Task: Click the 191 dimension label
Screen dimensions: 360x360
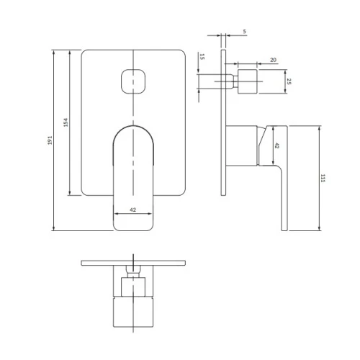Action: (50, 140)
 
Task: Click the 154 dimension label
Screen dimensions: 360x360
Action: (66, 122)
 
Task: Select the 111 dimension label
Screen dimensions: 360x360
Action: (323, 179)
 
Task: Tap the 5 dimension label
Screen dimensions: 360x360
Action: (244, 31)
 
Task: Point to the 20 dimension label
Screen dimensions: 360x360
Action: (273, 60)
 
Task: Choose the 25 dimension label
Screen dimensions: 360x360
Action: (289, 81)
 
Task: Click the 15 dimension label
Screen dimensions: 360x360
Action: (202, 57)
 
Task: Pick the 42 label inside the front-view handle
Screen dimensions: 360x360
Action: (132, 210)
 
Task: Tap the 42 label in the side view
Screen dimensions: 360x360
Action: (276, 145)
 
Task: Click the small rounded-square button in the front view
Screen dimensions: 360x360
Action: (132, 81)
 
